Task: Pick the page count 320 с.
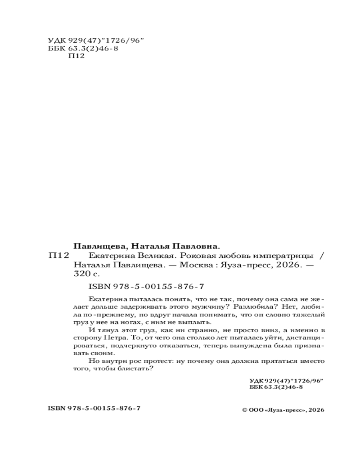click(x=85, y=274)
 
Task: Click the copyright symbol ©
click(x=245, y=410)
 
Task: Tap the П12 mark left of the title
click(x=58, y=255)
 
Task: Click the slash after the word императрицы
click(x=320, y=255)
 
